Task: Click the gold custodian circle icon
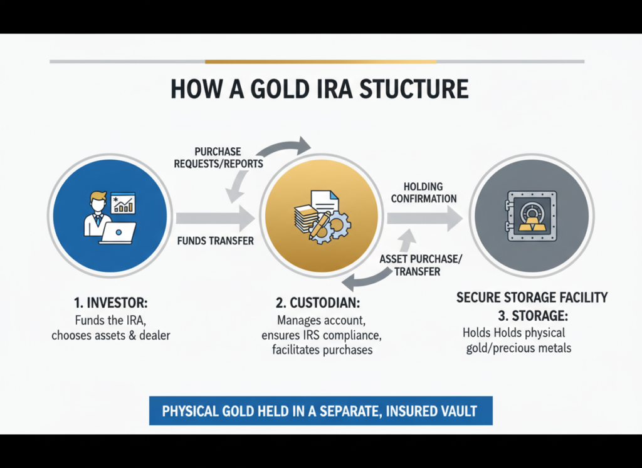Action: [320, 217]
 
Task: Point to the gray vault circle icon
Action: [531, 217]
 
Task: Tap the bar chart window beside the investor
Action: [123, 203]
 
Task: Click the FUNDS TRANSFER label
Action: [215, 241]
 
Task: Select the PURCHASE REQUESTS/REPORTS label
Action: [218, 158]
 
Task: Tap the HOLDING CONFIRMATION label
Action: [423, 192]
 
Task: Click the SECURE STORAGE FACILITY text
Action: [532, 297]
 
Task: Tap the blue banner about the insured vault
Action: [320, 411]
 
